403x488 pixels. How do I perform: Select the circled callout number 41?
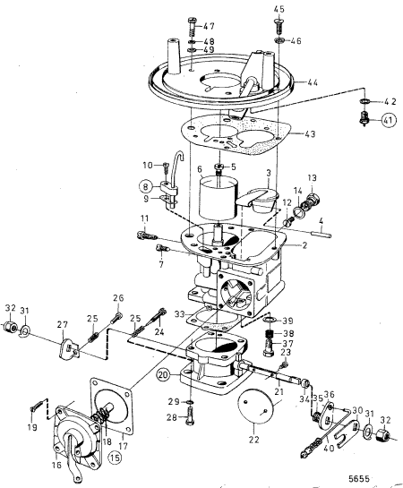(364, 118)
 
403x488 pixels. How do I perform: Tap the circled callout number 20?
(164, 375)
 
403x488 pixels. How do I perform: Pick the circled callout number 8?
(145, 185)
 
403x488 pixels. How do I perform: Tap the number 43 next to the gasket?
(311, 134)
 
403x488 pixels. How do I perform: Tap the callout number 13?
(313, 177)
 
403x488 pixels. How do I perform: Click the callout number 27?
(62, 325)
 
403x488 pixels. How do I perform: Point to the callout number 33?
(182, 314)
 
